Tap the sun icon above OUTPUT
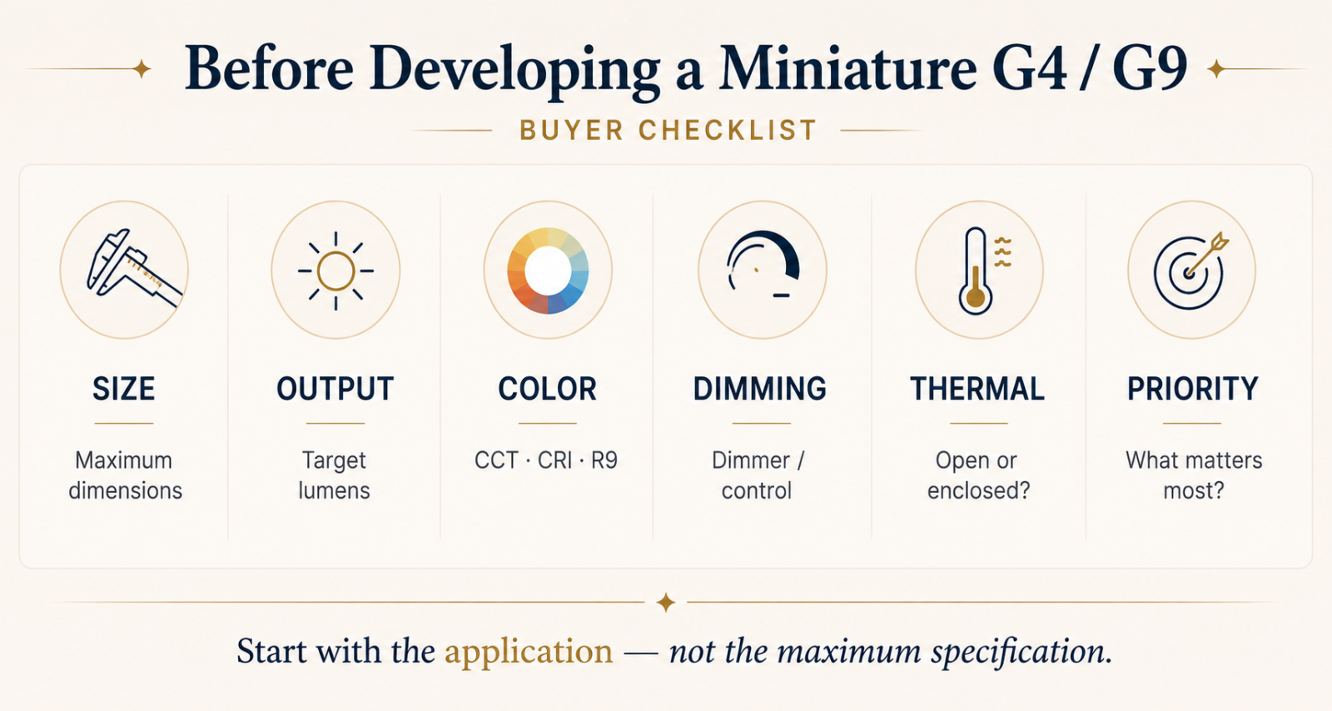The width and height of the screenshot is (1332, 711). click(336, 271)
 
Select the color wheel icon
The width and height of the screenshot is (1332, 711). click(548, 271)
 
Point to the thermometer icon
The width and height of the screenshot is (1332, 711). click(976, 271)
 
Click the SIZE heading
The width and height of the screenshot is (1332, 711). click(124, 390)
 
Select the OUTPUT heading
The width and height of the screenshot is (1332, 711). click(335, 390)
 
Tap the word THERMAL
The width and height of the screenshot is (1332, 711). click(977, 390)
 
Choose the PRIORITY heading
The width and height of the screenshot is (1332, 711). click(1193, 390)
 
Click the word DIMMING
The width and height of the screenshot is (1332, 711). click(760, 390)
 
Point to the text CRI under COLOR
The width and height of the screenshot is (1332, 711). click(554, 460)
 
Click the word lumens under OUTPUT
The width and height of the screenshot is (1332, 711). click(334, 491)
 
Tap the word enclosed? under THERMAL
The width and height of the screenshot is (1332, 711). click(979, 491)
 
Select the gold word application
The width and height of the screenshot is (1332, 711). click(529, 653)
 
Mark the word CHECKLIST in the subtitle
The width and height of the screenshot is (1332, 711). click(728, 131)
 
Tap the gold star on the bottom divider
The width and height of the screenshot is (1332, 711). click(666, 603)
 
